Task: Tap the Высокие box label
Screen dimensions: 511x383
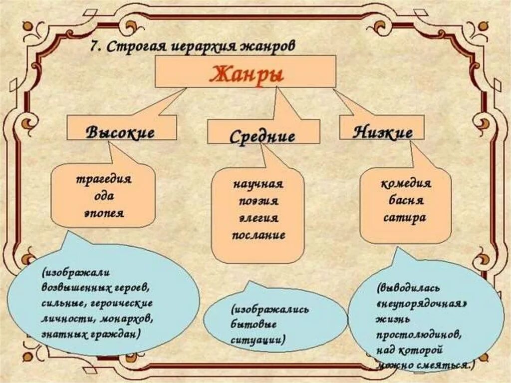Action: [x=120, y=133]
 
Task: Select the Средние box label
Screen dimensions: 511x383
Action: [x=262, y=136]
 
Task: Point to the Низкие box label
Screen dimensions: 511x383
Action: [x=383, y=132]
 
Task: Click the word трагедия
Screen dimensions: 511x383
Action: [x=103, y=179]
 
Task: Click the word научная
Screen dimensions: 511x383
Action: [x=258, y=184]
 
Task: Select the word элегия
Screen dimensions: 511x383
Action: [x=258, y=218]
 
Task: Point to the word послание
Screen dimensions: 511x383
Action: [x=258, y=235]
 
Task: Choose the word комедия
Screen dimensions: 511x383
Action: [x=406, y=183]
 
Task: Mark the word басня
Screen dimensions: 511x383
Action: [x=405, y=201]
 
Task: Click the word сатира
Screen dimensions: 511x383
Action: [x=405, y=218]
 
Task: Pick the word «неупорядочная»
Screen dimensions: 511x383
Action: [x=425, y=304]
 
